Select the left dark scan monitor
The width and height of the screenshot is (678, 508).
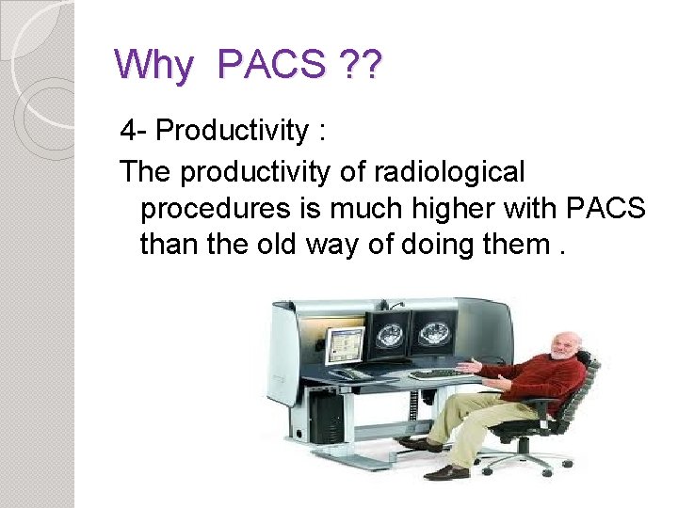[389, 333]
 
